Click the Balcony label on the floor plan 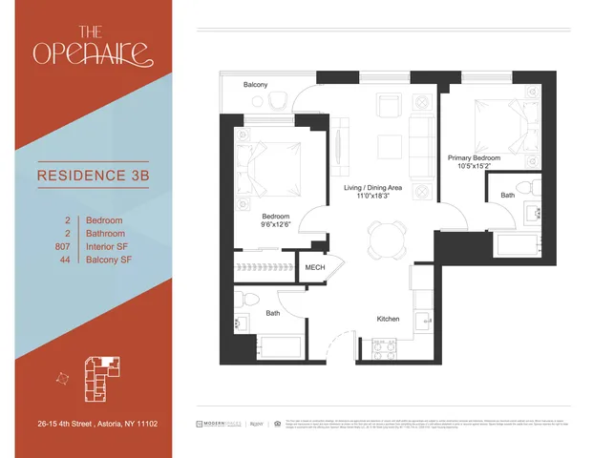click(x=255, y=85)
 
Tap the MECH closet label click(x=314, y=267)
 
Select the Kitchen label click(x=387, y=318)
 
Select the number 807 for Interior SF click(x=64, y=246)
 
